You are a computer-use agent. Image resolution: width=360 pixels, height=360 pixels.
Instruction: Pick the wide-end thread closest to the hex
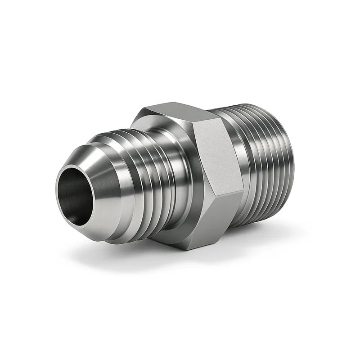coord(238,148)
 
